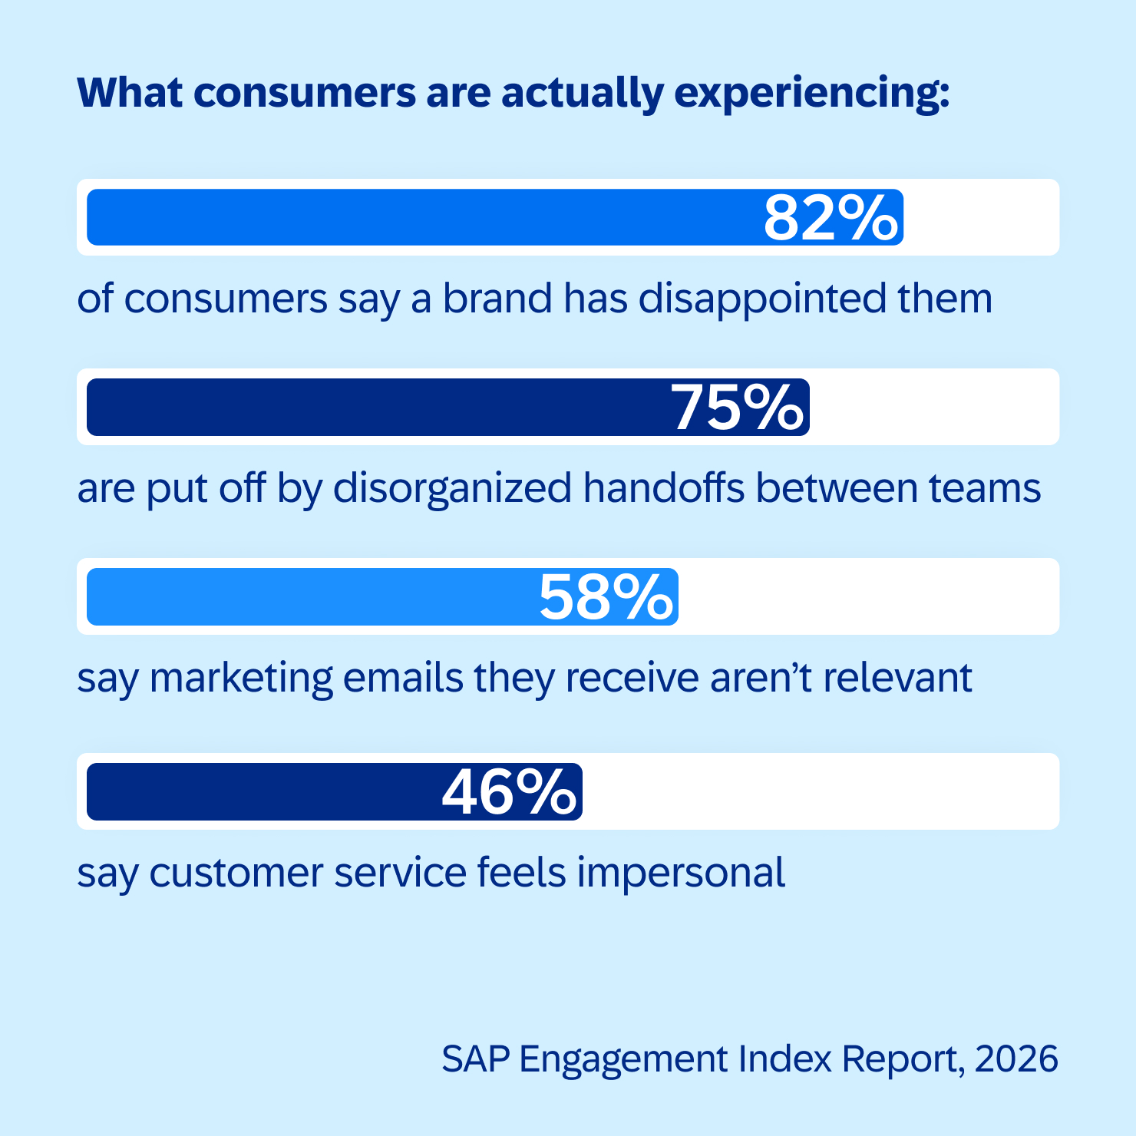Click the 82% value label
tap(830, 218)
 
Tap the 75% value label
tap(738, 408)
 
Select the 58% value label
tap(606, 597)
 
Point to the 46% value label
tap(508, 792)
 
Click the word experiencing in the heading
tap(811, 94)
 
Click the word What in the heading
tap(130, 92)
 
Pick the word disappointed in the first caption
tap(761, 299)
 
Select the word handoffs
tap(664, 488)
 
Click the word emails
tap(403, 679)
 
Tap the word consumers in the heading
tap(305, 93)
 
